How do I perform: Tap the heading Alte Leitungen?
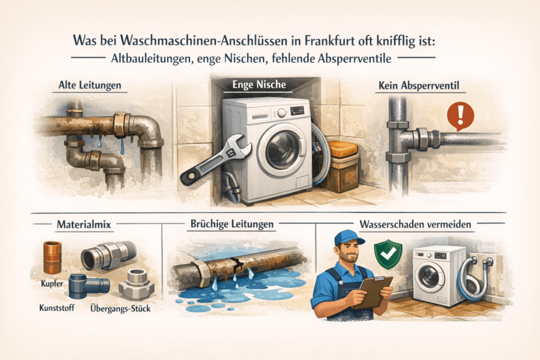pos(90,85)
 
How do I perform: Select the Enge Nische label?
pos(259,84)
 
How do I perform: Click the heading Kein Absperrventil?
pos(419,85)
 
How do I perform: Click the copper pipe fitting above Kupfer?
pos(52,257)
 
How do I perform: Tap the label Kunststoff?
pos(57,307)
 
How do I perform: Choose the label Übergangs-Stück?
pos(121,308)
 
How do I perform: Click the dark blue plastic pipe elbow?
pos(89,285)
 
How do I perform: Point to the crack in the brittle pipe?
pos(238,264)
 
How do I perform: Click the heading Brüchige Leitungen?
pos(232,224)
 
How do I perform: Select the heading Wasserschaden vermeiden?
pos(416,225)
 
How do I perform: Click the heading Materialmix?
pos(84,225)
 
